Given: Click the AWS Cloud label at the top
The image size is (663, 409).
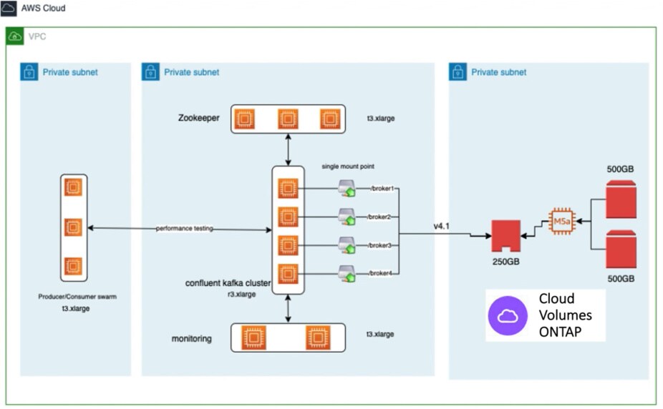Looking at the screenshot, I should [43, 8].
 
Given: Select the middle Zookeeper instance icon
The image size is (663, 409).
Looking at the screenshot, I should [288, 119].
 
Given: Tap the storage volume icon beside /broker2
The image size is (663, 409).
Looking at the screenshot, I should [347, 217].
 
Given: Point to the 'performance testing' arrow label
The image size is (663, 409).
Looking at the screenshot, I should [185, 229].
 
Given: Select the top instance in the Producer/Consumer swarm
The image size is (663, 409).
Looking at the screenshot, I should [73, 188].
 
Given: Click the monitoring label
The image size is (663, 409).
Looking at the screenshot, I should [192, 338].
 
